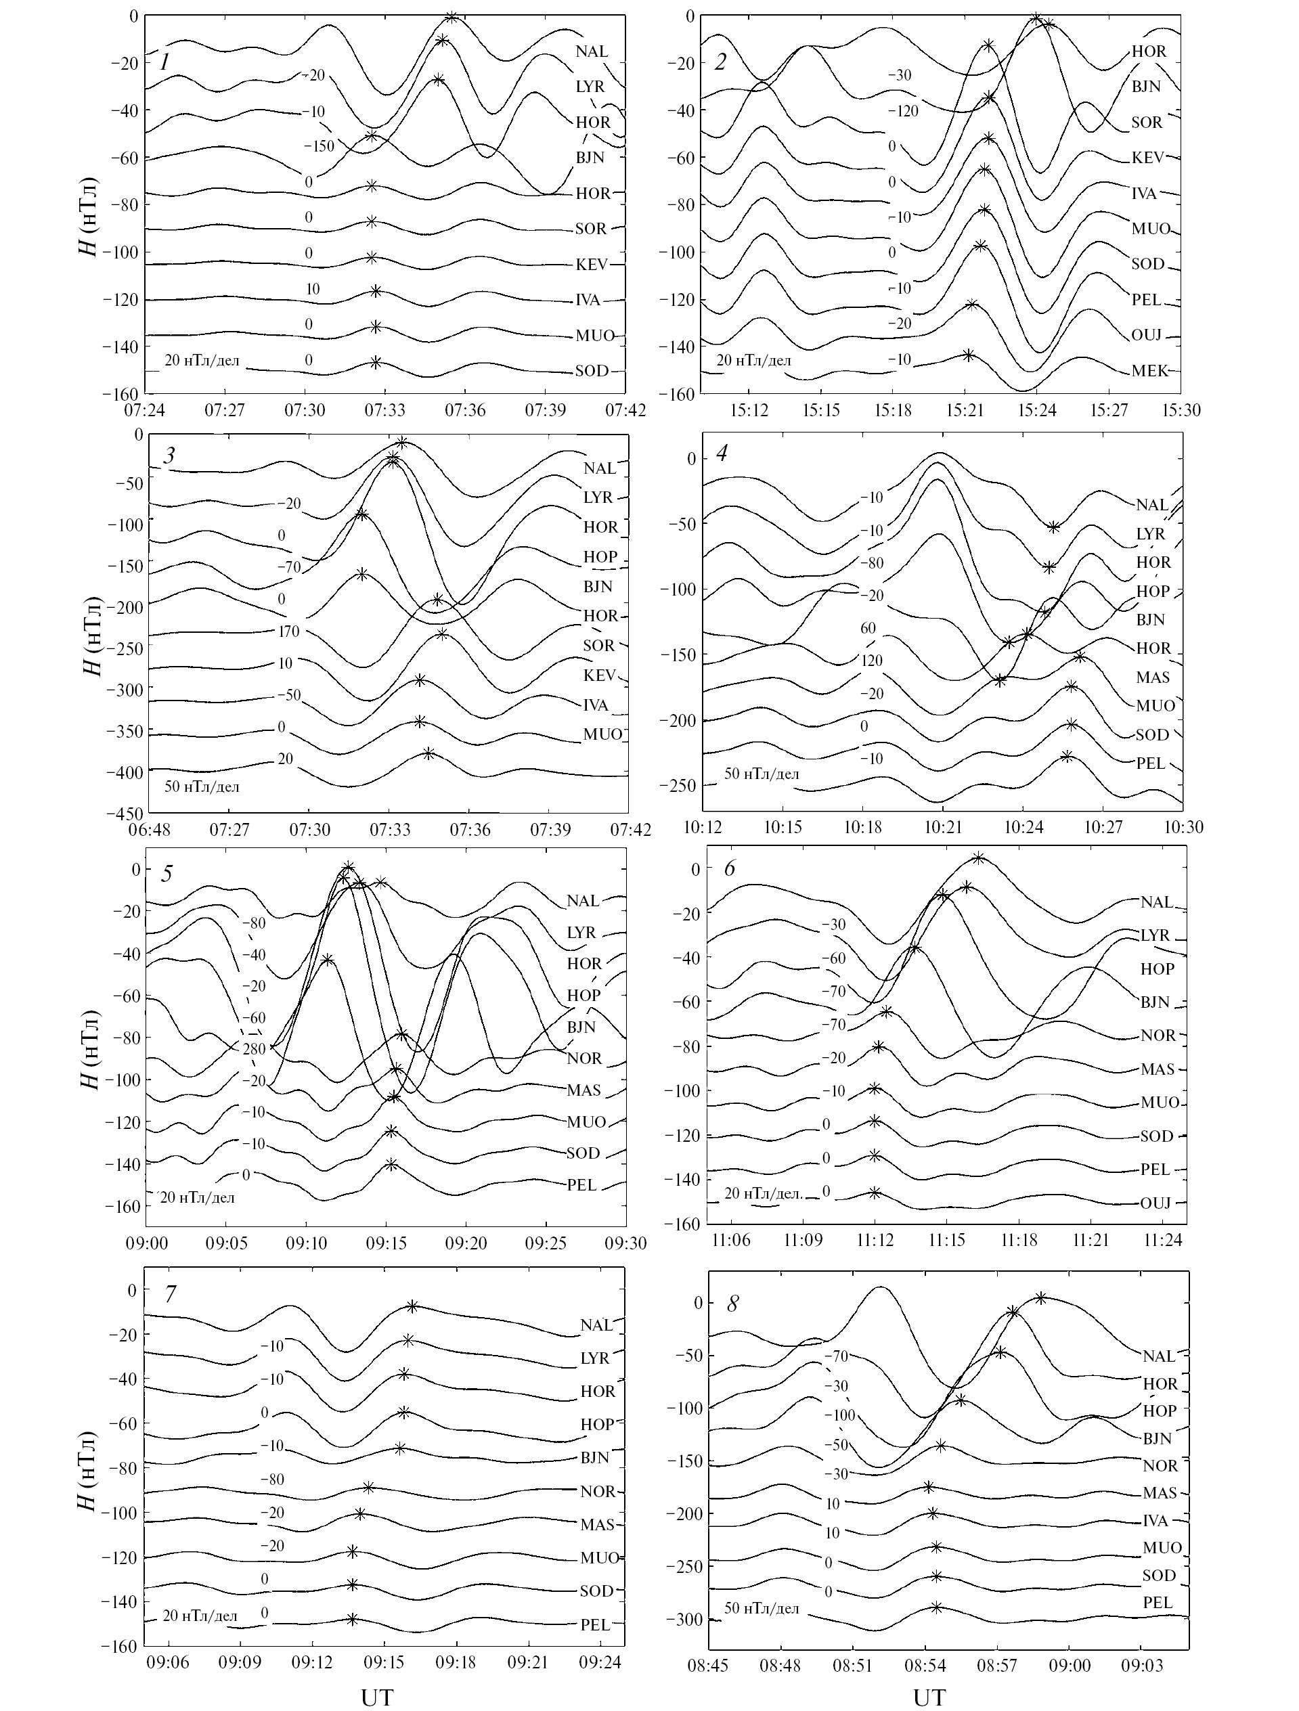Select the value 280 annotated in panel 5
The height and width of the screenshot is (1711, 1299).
pyautogui.click(x=254, y=1049)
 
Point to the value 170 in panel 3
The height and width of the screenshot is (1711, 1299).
pyautogui.click(x=288, y=631)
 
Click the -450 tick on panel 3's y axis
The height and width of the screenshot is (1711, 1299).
pyautogui.click(x=128, y=814)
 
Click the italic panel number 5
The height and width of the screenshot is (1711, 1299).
pyautogui.click(x=167, y=874)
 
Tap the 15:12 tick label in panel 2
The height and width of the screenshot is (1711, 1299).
pyautogui.click(x=749, y=409)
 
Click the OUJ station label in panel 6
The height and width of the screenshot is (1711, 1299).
pyautogui.click(x=1156, y=1203)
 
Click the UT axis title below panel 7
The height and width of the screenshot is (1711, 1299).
pyautogui.click(x=377, y=1695)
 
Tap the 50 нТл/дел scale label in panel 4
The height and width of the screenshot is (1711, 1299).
pyautogui.click(x=762, y=774)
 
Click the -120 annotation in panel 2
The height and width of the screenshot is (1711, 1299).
pyautogui.click(x=902, y=112)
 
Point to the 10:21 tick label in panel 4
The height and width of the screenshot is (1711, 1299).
pyautogui.click(x=943, y=828)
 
